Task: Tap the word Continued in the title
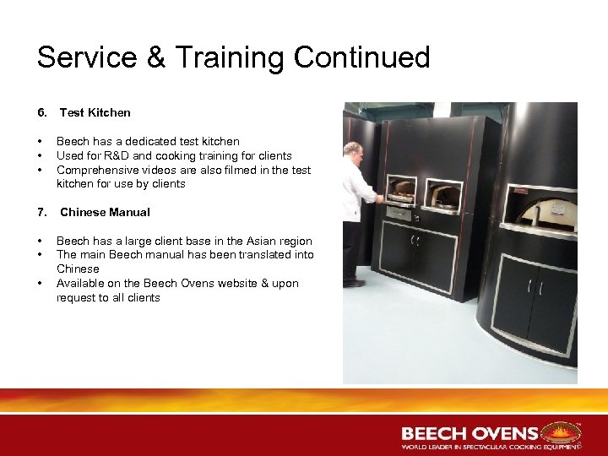click(x=362, y=57)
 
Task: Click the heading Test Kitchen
click(x=95, y=112)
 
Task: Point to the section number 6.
click(x=41, y=112)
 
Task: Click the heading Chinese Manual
click(x=105, y=212)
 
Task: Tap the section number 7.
click(x=41, y=212)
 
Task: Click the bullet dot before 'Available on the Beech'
click(x=41, y=283)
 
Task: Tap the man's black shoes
click(x=354, y=283)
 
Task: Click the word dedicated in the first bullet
click(x=147, y=141)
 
